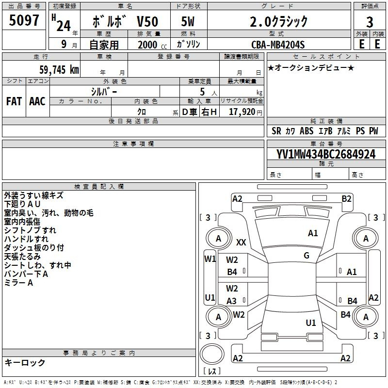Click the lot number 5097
tap(24, 20)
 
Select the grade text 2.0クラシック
tap(278, 21)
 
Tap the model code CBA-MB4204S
tap(278, 45)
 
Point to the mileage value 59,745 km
tap(59, 70)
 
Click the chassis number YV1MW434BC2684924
tap(326, 154)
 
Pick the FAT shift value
tap(14, 101)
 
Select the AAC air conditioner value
tap(37, 101)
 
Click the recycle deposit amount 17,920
tap(242, 112)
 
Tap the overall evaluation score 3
tap(370, 22)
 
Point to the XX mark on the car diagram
tap(241, 242)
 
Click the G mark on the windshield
tap(307, 256)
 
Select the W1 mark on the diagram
tap(210, 259)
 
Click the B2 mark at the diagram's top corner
tap(346, 199)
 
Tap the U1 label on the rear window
tap(311, 323)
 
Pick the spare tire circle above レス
tap(212, 354)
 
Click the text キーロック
tap(25, 362)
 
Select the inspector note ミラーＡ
tap(18, 283)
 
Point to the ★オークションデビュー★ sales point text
tap(311, 67)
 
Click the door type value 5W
tap(188, 21)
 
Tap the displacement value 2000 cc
tap(152, 45)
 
